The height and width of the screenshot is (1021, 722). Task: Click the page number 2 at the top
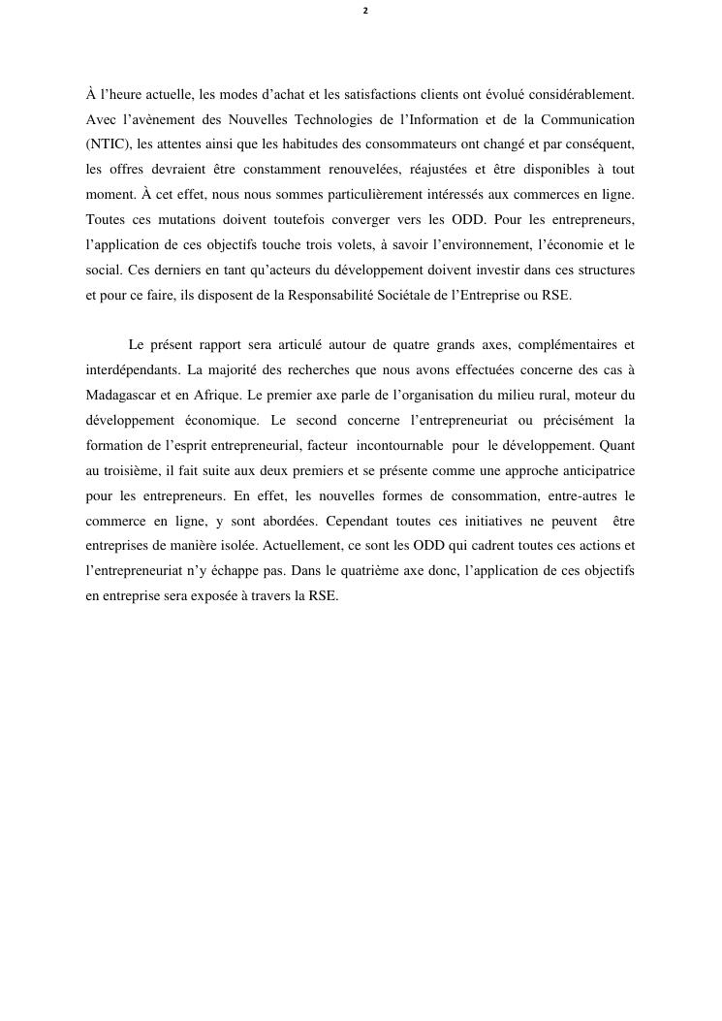[x=365, y=11]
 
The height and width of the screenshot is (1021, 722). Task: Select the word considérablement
[x=583, y=94]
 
